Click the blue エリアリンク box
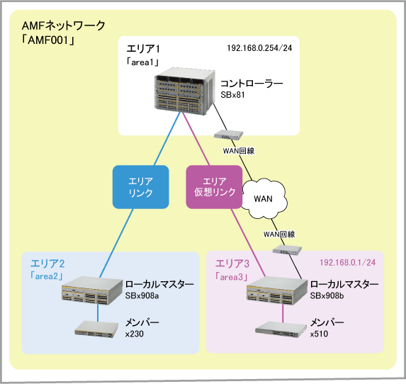click(x=140, y=187)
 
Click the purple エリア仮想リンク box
click(x=215, y=187)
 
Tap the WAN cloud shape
click(x=264, y=198)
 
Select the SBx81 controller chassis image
click(x=185, y=91)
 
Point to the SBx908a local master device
click(x=92, y=290)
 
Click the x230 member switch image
click(x=96, y=329)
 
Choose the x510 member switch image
click(x=281, y=329)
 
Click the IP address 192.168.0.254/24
click(x=259, y=48)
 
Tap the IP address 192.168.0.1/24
click(x=347, y=263)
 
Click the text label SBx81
click(x=232, y=95)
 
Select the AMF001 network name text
click(x=48, y=40)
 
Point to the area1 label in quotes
click(x=142, y=62)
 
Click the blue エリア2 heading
click(x=47, y=264)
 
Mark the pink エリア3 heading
click(x=232, y=264)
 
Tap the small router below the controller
click(x=228, y=135)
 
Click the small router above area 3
click(x=287, y=249)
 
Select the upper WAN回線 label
click(x=239, y=151)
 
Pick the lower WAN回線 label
click(x=279, y=235)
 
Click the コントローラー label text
click(x=252, y=84)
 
